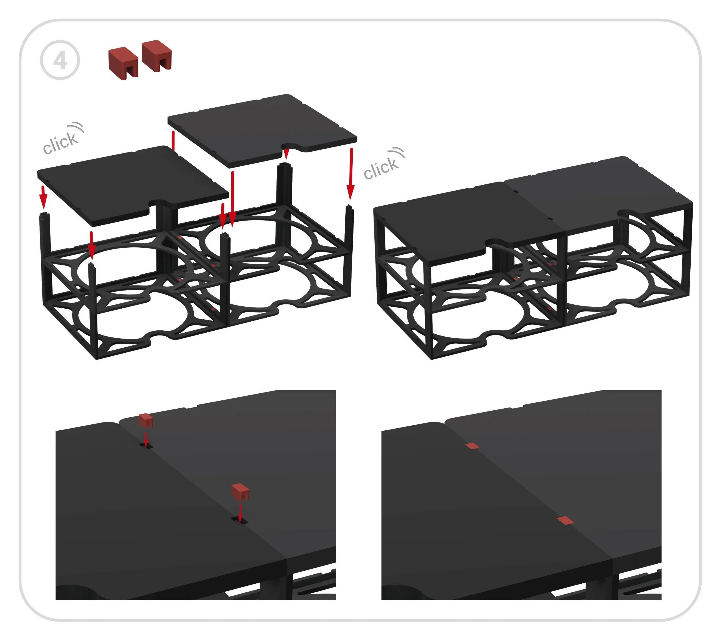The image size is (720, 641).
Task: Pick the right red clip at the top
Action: click(x=157, y=56)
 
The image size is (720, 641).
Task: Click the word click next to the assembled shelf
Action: click(x=381, y=168)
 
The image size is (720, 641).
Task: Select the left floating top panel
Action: click(x=133, y=186)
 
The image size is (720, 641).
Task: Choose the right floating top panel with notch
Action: click(x=262, y=131)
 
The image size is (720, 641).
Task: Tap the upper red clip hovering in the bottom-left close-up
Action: click(x=146, y=420)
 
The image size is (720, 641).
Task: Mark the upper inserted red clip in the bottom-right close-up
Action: click(x=472, y=446)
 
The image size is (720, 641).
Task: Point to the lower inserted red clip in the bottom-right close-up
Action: click(x=565, y=520)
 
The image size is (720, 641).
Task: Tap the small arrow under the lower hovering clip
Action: click(x=240, y=513)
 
